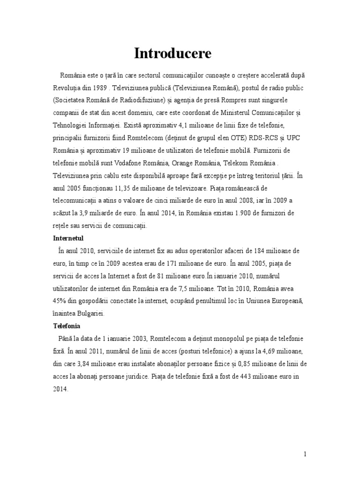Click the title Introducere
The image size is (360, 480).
172,54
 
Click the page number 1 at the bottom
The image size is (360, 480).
305,454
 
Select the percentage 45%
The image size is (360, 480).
60,288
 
